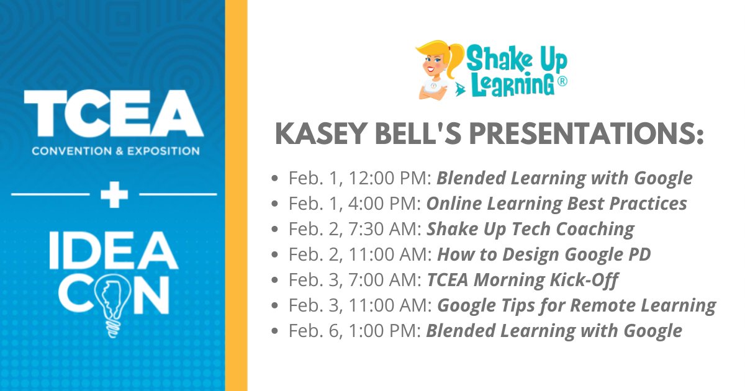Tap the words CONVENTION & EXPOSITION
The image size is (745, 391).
click(x=115, y=151)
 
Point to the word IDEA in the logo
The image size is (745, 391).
click(x=113, y=253)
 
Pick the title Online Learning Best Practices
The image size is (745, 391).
click(x=556, y=204)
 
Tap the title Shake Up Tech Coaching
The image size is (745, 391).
click(x=530, y=229)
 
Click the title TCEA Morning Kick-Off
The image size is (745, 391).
click(x=522, y=280)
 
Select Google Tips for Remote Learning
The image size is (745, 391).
click(x=577, y=305)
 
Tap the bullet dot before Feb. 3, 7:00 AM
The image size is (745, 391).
click(x=275, y=281)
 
